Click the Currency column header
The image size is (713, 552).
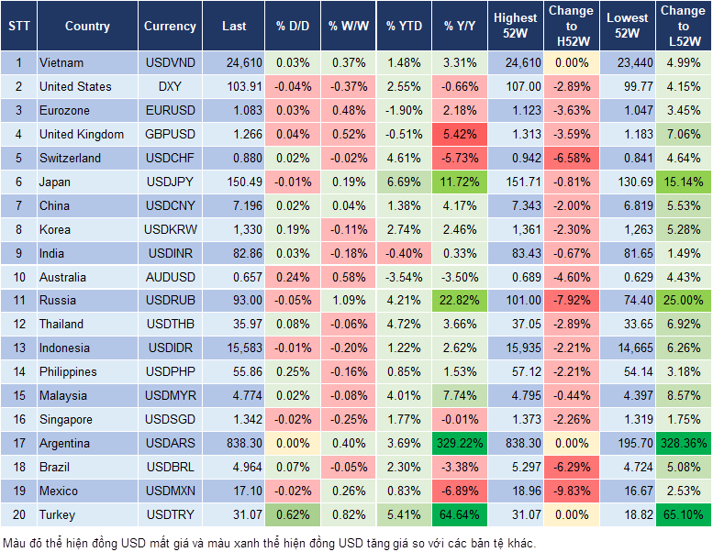170,27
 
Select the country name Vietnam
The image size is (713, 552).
61,63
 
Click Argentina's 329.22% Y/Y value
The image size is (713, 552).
458,444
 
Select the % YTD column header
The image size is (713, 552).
404,27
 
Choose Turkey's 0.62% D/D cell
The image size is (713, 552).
292,515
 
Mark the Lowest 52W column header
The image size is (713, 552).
627,27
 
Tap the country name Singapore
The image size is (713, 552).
66,420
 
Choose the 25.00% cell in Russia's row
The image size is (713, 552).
683,301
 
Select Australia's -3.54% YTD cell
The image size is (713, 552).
405,277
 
